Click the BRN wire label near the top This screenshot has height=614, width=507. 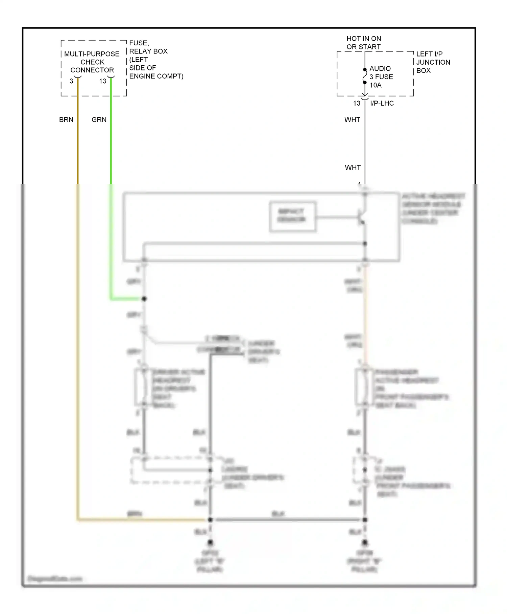[x=66, y=119]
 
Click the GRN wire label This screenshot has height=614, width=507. [x=99, y=119]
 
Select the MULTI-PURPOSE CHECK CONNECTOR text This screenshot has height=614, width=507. [x=92, y=62]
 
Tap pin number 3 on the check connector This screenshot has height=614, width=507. [x=71, y=81]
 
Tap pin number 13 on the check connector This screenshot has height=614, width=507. [x=103, y=81]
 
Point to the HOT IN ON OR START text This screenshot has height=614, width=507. [x=364, y=43]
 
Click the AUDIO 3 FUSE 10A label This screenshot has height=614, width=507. [x=381, y=77]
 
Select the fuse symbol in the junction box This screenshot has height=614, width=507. [x=365, y=76]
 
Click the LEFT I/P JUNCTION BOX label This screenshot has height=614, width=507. [x=433, y=62]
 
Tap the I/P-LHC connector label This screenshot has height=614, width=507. [x=382, y=103]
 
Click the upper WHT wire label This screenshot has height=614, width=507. [x=352, y=119]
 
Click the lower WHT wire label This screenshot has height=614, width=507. [x=353, y=168]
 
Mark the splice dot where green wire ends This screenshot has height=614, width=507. [x=144, y=299]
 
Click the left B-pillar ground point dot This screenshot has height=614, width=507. [x=210, y=543]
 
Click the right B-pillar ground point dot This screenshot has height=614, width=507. [x=365, y=543]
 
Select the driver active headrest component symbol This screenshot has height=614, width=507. [x=141, y=387]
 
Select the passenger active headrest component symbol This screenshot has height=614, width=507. [x=362, y=387]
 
